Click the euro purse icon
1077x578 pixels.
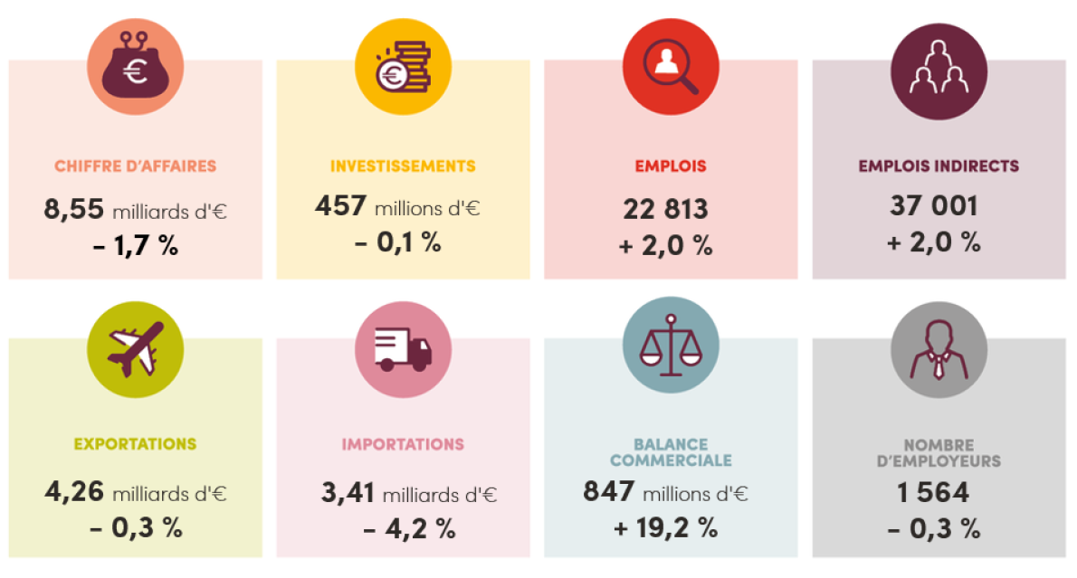pyautogui.click(x=135, y=66)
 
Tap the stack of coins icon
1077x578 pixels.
pyautogui.click(x=403, y=66)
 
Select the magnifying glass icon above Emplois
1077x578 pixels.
pyautogui.click(x=671, y=66)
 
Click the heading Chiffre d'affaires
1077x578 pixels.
pyautogui.click(x=135, y=166)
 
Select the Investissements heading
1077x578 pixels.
pyautogui.click(x=403, y=166)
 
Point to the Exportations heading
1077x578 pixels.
pyautogui.click(x=135, y=444)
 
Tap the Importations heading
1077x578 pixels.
pyautogui.click(x=403, y=444)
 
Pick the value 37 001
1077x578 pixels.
pyautogui.click(x=933, y=205)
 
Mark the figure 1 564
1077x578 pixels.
pyautogui.click(x=933, y=492)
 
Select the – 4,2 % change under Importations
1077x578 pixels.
pyautogui.click(x=409, y=530)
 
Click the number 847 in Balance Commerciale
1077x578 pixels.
pyautogui.click(x=609, y=492)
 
